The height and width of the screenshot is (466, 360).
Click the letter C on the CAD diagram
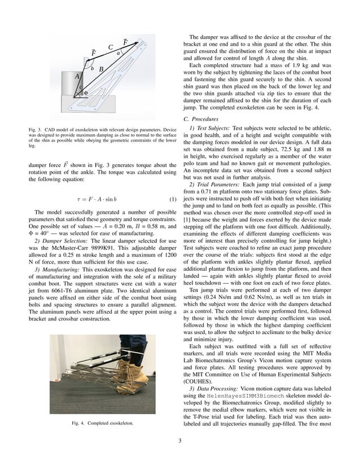[111, 47]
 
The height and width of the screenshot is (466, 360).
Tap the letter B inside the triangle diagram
[101, 69]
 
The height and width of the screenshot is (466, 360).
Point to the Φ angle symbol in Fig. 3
[85, 93]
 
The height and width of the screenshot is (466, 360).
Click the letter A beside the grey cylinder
[77, 76]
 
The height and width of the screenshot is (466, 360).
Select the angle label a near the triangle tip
[118, 53]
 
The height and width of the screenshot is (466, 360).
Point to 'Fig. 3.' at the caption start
[36, 130]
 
